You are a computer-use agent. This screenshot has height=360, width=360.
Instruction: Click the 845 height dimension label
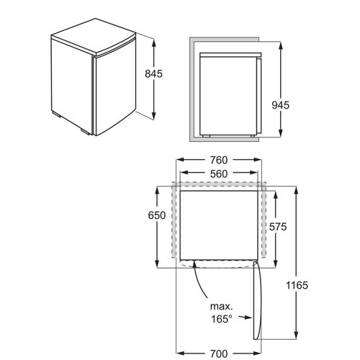(x=153, y=73)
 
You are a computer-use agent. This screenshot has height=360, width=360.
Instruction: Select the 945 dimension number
(x=281, y=105)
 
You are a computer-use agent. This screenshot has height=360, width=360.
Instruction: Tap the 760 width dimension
(x=219, y=160)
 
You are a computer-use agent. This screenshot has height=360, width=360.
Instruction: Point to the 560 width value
(x=219, y=174)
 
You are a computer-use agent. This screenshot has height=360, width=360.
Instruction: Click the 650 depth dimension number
(x=157, y=215)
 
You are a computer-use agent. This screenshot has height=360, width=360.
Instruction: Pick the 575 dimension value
(x=278, y=227)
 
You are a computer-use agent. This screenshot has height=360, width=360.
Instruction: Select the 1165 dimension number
(x=297, y=285)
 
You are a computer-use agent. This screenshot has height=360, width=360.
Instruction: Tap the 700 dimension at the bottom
(x=219, y=354)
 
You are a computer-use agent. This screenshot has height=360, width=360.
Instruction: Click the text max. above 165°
(x=222, y=307)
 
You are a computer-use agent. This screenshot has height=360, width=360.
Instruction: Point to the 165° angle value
(x=222, y=319)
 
